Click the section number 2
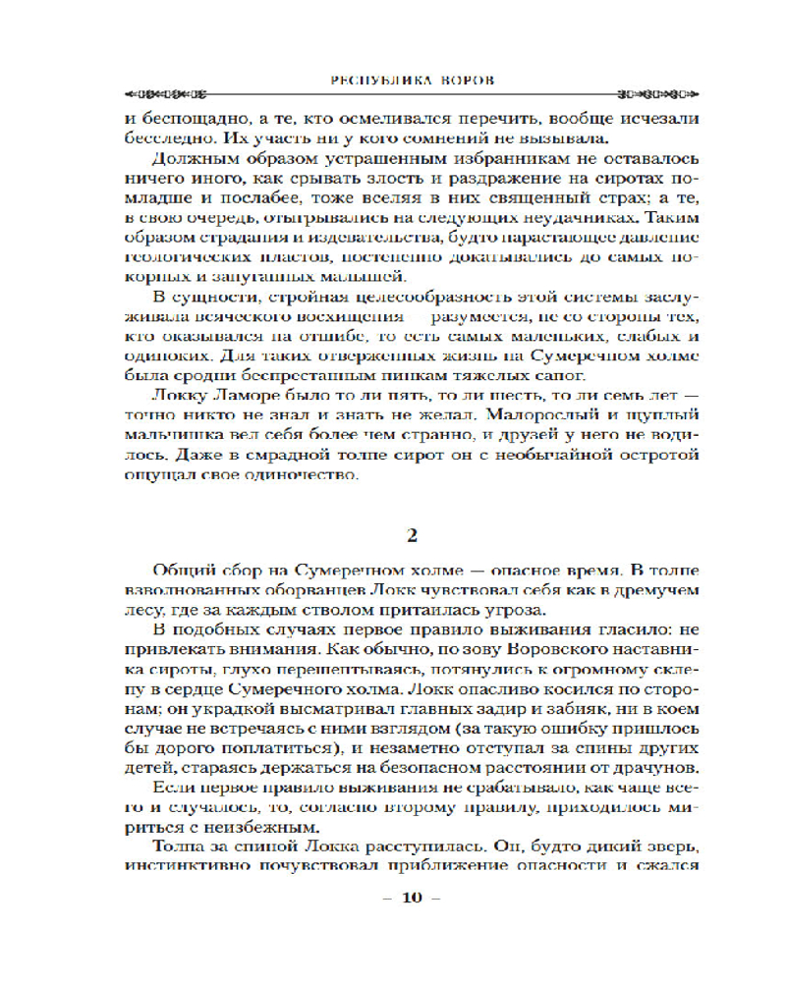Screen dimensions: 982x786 click(x=413, y=535)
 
